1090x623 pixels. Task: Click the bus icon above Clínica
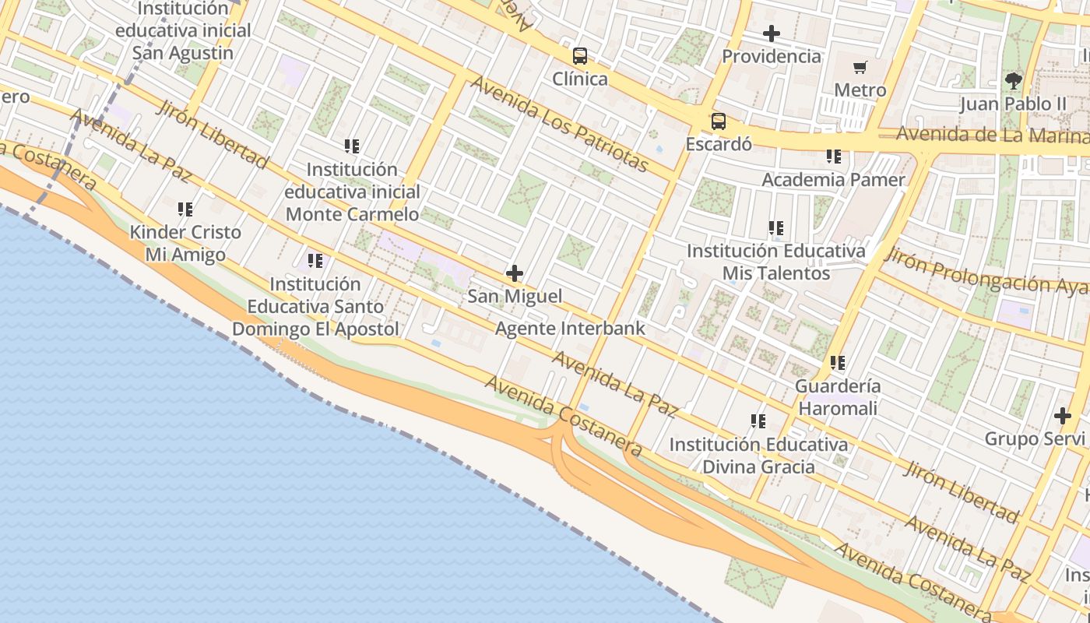click(580, 56)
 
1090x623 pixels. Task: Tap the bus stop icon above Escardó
click(718, 121)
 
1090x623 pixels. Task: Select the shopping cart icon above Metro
click(860, 68)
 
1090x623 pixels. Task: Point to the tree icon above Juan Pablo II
click(1013, 80)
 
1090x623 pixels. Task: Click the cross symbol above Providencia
click(772, 33)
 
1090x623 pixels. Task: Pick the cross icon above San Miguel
click(515, 273)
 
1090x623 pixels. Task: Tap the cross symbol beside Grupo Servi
click(1062, 416)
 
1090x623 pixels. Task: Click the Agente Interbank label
click(571, 328)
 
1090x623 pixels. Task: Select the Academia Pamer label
click(833, 180)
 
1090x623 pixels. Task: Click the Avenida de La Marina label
click(992, 134)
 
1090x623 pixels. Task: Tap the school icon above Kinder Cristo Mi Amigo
click(185, 209)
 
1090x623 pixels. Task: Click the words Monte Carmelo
click(352, 214)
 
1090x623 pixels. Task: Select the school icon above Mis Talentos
click(776, 228)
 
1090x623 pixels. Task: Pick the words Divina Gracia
click(758, 467)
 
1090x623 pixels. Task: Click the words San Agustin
click(182, 53)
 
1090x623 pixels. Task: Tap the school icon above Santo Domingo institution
click(315, 261)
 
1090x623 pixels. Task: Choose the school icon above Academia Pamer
click(834, 157)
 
